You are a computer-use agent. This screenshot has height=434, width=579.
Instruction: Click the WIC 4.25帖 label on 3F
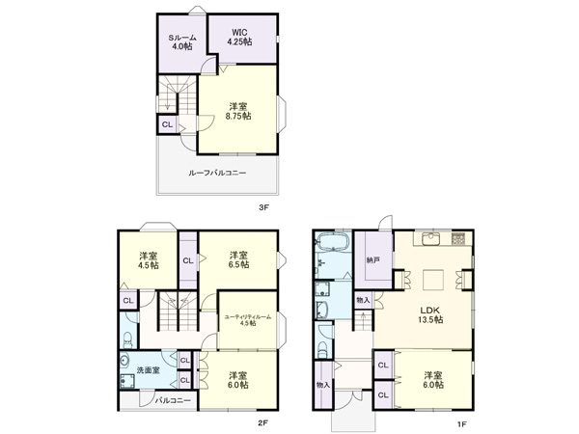tap(239, 38)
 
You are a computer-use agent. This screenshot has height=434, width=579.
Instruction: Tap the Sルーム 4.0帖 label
tap(182, 41)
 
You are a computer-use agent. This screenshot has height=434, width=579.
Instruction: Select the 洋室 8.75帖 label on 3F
tap(238, 111)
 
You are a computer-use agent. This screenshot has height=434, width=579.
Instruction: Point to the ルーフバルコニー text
tap(217, 173)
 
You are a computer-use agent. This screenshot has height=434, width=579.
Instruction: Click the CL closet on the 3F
tap(167, 124)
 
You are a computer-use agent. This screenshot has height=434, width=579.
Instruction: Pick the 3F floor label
tap(262, 207)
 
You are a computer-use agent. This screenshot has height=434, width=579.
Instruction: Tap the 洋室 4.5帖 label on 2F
tap(149, 260)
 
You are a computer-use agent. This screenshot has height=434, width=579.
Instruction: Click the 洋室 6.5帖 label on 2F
tap(239, 259)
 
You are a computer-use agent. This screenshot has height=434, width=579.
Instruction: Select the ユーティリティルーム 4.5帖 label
tap(248, 319)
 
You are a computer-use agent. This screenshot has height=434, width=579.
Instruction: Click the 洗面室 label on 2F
tap(148, 370)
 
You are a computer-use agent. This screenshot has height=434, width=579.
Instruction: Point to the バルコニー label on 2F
tap(173, 400)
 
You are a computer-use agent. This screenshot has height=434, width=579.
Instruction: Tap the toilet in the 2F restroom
tap(127, 339)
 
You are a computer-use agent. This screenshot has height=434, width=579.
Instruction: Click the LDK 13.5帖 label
tap(430, 314)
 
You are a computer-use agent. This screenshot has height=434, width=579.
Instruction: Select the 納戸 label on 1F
tap(372, 259)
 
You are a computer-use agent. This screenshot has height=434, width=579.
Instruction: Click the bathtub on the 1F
tap(333, 242)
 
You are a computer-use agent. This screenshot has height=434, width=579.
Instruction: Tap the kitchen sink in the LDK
tap(430, 238)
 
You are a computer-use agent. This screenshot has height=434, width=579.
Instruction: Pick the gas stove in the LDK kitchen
tap(458, 238)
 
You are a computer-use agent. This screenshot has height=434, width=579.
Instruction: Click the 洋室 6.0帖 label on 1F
tap(433, 380)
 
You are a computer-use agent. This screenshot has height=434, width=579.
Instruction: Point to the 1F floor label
tap(461, 424)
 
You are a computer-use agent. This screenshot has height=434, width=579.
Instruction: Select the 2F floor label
tap(262, 423)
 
